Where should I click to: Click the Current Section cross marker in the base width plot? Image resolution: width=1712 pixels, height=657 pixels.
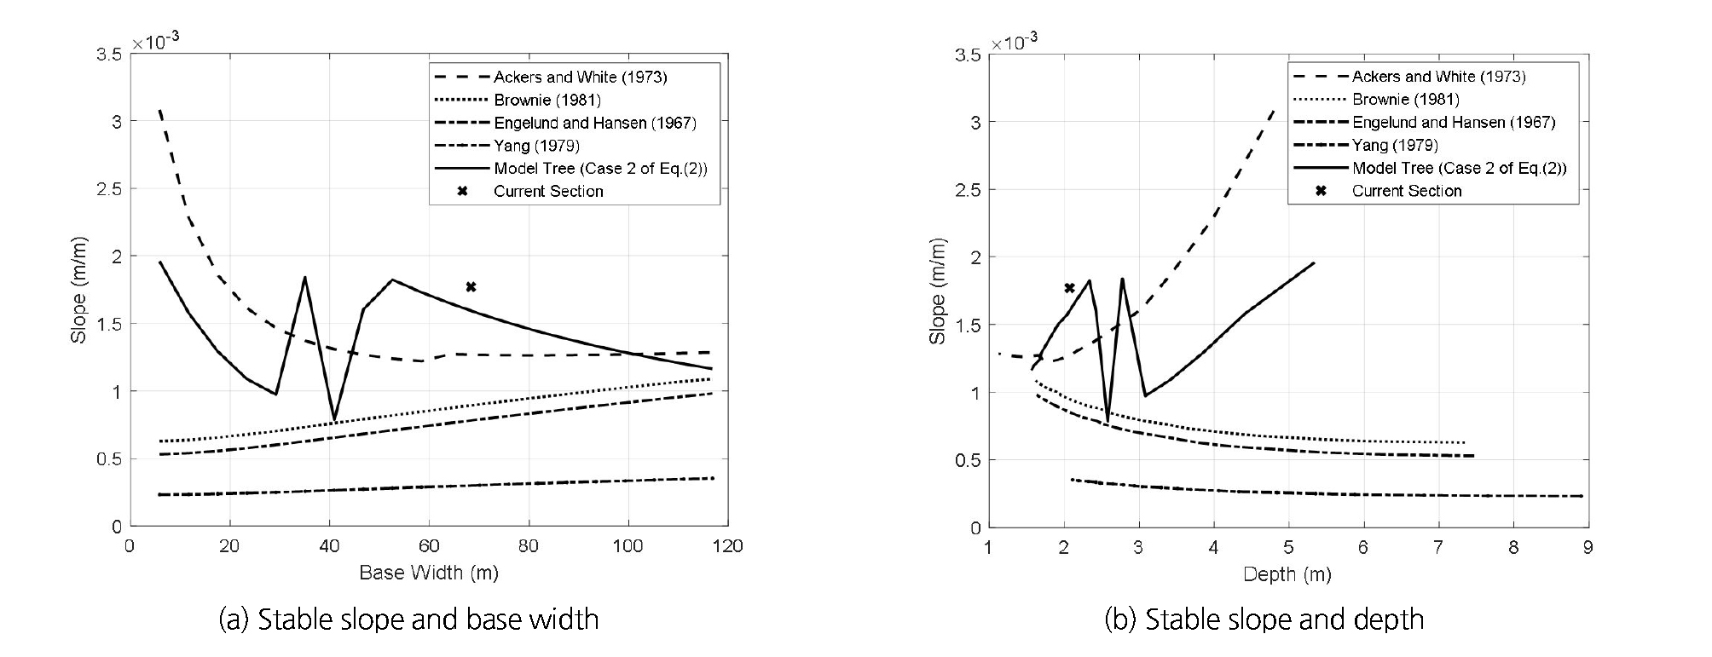tap(471, 287)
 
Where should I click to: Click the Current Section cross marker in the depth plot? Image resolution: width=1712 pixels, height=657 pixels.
tap(1069, 288)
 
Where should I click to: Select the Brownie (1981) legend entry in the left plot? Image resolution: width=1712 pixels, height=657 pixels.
tap(547, 100)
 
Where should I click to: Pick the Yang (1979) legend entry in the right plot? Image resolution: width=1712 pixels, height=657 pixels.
tap(1395, 145)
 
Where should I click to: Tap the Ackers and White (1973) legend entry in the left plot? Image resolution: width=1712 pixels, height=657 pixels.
tap(580, 77)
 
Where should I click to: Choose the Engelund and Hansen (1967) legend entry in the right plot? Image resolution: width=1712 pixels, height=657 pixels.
tap(1454, 122)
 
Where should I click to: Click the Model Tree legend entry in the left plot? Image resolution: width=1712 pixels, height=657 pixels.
tap(600, 168)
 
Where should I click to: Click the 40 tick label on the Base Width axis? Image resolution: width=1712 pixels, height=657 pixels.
tap(330, 546)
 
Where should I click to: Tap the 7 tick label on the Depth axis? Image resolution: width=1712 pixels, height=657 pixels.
tap(1438, 547)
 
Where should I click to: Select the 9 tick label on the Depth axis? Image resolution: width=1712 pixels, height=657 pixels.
tap(1588, 547)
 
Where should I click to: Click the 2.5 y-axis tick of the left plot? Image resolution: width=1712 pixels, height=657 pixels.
tap(108, 189)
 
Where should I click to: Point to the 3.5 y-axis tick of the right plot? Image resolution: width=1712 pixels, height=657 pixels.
tap(968, 55)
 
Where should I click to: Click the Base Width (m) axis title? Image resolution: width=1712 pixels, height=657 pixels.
tap(429, 573)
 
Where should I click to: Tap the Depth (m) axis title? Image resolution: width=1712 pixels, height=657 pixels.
tap(1287, 574)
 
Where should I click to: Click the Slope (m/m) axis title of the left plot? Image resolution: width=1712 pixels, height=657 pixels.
tap(79, 290)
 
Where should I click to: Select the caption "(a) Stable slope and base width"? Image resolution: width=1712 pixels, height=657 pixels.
tap(409, 620)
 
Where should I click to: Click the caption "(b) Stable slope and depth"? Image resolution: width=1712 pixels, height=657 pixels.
tap(1264, 620)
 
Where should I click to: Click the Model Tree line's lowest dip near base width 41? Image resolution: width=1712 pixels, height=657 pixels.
tap(334, 419)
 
